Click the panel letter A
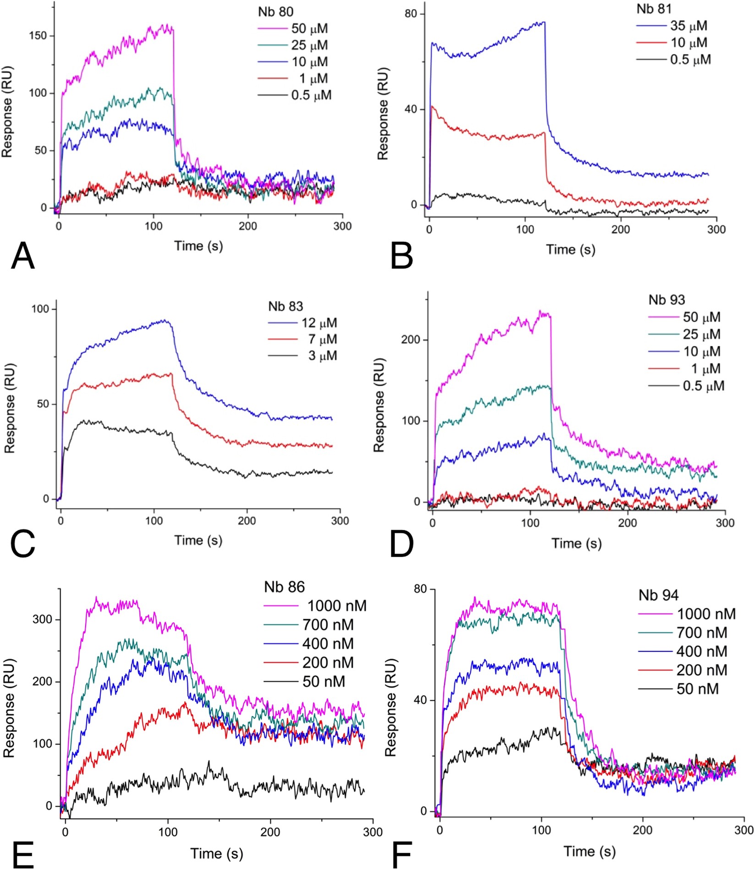tap(23, 256)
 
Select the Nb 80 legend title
tap(276, 12)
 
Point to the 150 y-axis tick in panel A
tap(38, 36)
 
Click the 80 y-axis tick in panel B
tap(411, 14)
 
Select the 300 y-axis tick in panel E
tap(42, 619)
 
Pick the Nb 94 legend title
tap(658, 595)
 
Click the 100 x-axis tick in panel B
tap(525, 229)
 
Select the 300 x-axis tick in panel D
tap(725, 523)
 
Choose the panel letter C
tap(22, 545)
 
